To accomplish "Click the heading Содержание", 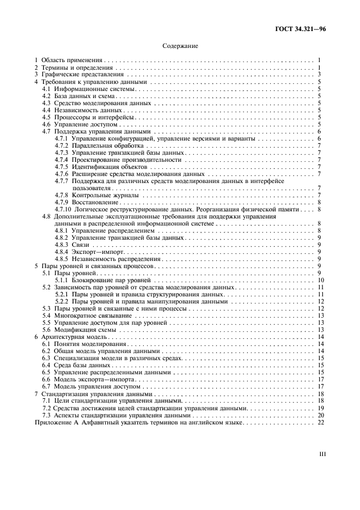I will tap(180, 46).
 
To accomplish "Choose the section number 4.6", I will tap(46, 124).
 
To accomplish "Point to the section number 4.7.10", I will tap(63, 209).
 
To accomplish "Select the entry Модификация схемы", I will tap(84, 330).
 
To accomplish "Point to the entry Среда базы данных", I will tap(82, 366).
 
